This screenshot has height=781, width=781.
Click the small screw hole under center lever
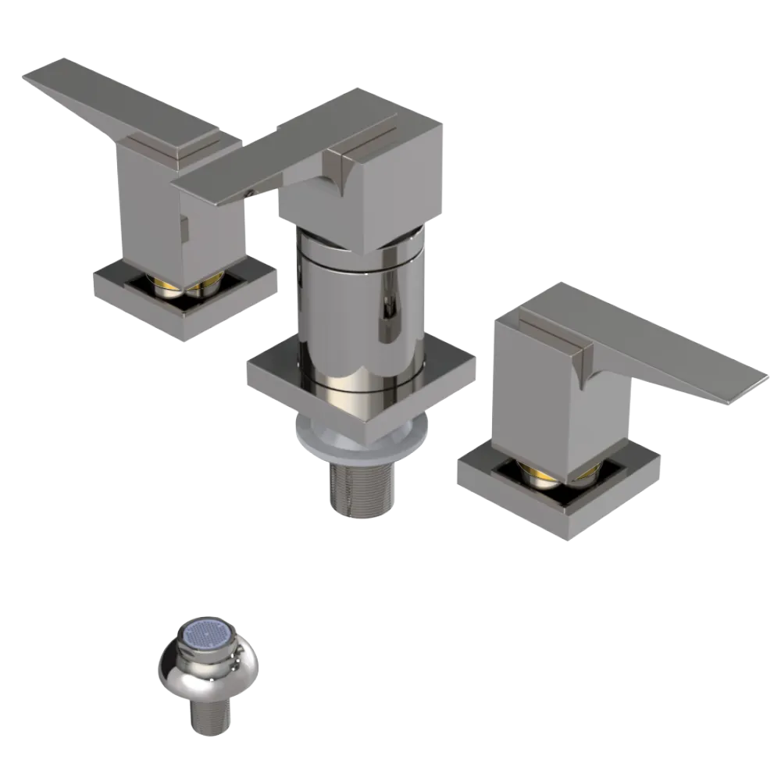(249, 190)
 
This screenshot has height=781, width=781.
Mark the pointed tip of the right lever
(761, 375)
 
